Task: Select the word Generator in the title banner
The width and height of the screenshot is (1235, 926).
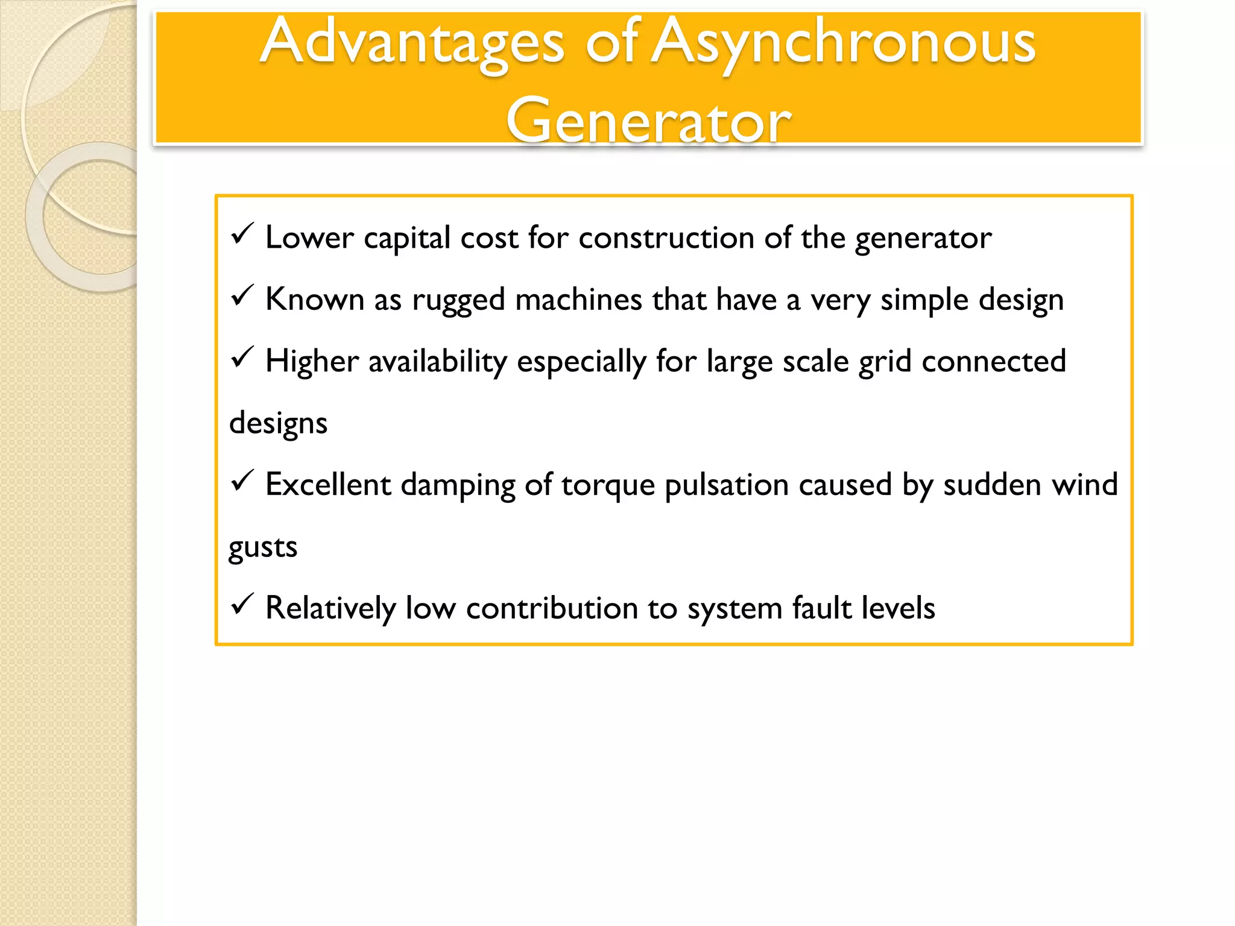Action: (x=648, y=121)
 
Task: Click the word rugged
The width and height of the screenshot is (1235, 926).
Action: (x=458, y=301)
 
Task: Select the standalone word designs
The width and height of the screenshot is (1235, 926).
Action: (x=278, y=424)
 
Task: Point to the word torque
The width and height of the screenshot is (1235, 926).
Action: (x=608, y=486)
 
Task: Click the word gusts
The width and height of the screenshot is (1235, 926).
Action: (x=263, y=547)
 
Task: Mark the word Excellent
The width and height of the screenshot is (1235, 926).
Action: (x=328, y=485)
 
